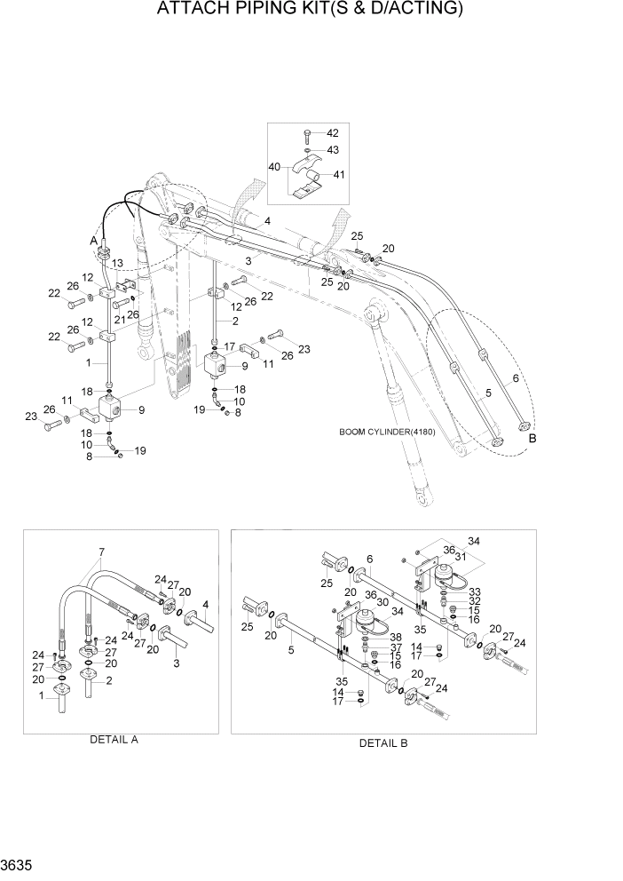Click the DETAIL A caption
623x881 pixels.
pos(114,739)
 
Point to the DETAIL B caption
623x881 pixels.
pos(382,743)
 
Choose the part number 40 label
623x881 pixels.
pos(274,167)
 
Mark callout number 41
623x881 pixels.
pos(339,175)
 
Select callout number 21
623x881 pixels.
pos(118,306)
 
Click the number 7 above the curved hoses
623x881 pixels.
pos(102,552)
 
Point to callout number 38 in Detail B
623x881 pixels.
pos(394,637)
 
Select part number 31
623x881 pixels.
pos(461,557)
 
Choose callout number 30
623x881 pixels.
pos(383,601)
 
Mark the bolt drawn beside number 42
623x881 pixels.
pos(304,134)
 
